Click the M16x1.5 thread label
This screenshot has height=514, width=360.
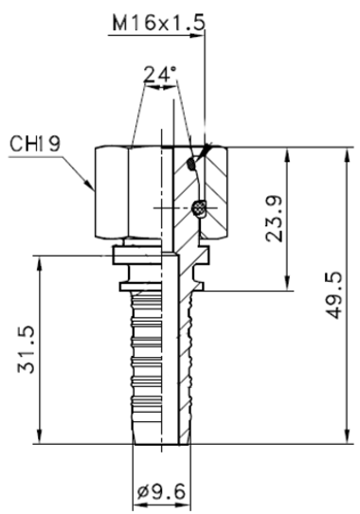click(x=156, y=20)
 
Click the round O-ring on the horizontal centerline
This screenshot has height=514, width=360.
click(x=197, y=206)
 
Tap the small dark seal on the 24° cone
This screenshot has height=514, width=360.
click(x=193, y=163)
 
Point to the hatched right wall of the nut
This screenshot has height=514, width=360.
click(x=216, y=194)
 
